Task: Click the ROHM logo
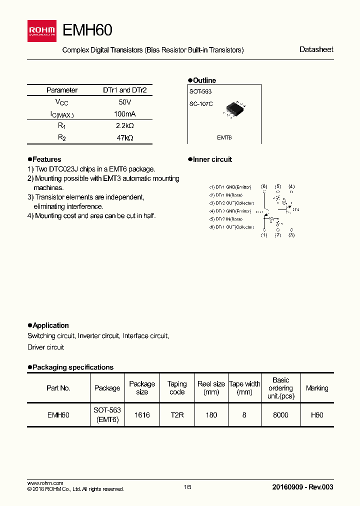41,30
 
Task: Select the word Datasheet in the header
316,49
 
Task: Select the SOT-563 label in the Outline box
200,91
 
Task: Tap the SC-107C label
201,104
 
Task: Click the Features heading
46,159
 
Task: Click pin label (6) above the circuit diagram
264,186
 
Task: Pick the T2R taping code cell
176,415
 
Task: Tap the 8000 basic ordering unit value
280,415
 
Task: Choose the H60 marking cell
317,415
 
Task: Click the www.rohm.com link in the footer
45,483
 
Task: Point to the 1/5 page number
187,487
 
